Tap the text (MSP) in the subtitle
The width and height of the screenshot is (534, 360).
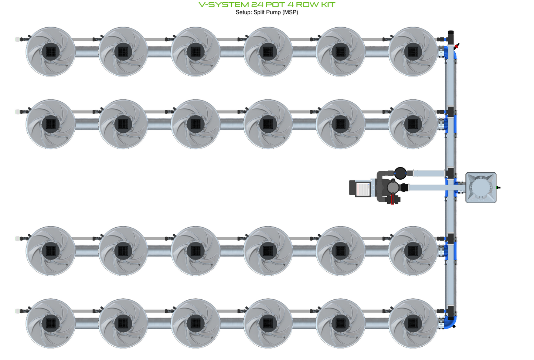pyautogui.click(x=290, y=13)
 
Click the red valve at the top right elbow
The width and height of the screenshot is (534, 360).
pyautogui.click(x=456, y=46)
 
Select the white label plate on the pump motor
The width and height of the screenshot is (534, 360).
pyautogui.click(x=362, y=190)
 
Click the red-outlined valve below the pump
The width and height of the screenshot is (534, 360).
pyautogui.click(x=392, y=199)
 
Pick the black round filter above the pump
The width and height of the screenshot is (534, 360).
pyautogui.click(x=400, y=173)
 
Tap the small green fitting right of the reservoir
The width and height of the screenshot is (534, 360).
pyautogui.click(x=498, y=188)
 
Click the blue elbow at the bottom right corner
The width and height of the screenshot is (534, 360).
pyautogui.click(x=450, y=323)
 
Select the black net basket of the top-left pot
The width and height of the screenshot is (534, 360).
pyautogui.click(x=51, y=51)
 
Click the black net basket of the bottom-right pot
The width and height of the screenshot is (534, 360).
pyautogui.click(x=413, y=323)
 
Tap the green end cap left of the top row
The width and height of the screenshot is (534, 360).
pyautogui.click(x=17, y=39)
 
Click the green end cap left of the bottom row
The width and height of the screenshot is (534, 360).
pyautogui.click(x=17, y=311)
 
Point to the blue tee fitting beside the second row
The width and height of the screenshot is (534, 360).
pyautogui.click(x=450, y=124)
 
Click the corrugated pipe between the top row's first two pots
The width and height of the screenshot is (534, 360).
pyautogui.click(x=87, y=52)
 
